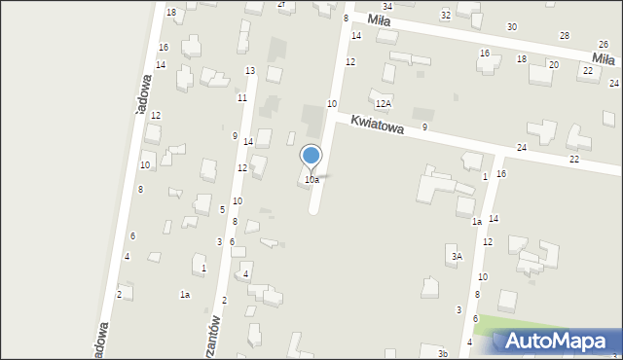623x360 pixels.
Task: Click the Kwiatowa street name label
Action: pos(378,124)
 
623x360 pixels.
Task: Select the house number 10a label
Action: pos(311,180)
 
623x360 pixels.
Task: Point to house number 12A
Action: pos(384,103)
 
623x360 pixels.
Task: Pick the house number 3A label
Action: pos(456,256)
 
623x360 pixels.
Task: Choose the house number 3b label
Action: pos(442,353)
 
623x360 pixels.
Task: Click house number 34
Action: pos(386,6)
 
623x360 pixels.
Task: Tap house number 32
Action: pos(445,16)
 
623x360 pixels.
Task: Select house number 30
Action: pos(512,26)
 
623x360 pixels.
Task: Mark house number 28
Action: pos(564,35)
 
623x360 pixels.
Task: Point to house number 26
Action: pos(604,45)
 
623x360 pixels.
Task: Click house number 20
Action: pos(553,64)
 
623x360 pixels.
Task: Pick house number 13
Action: pos(250,70)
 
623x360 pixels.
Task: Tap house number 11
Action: pos(241,97)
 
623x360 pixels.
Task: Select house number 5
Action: pos(222,209)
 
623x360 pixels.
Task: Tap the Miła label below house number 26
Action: pos(605,58)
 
